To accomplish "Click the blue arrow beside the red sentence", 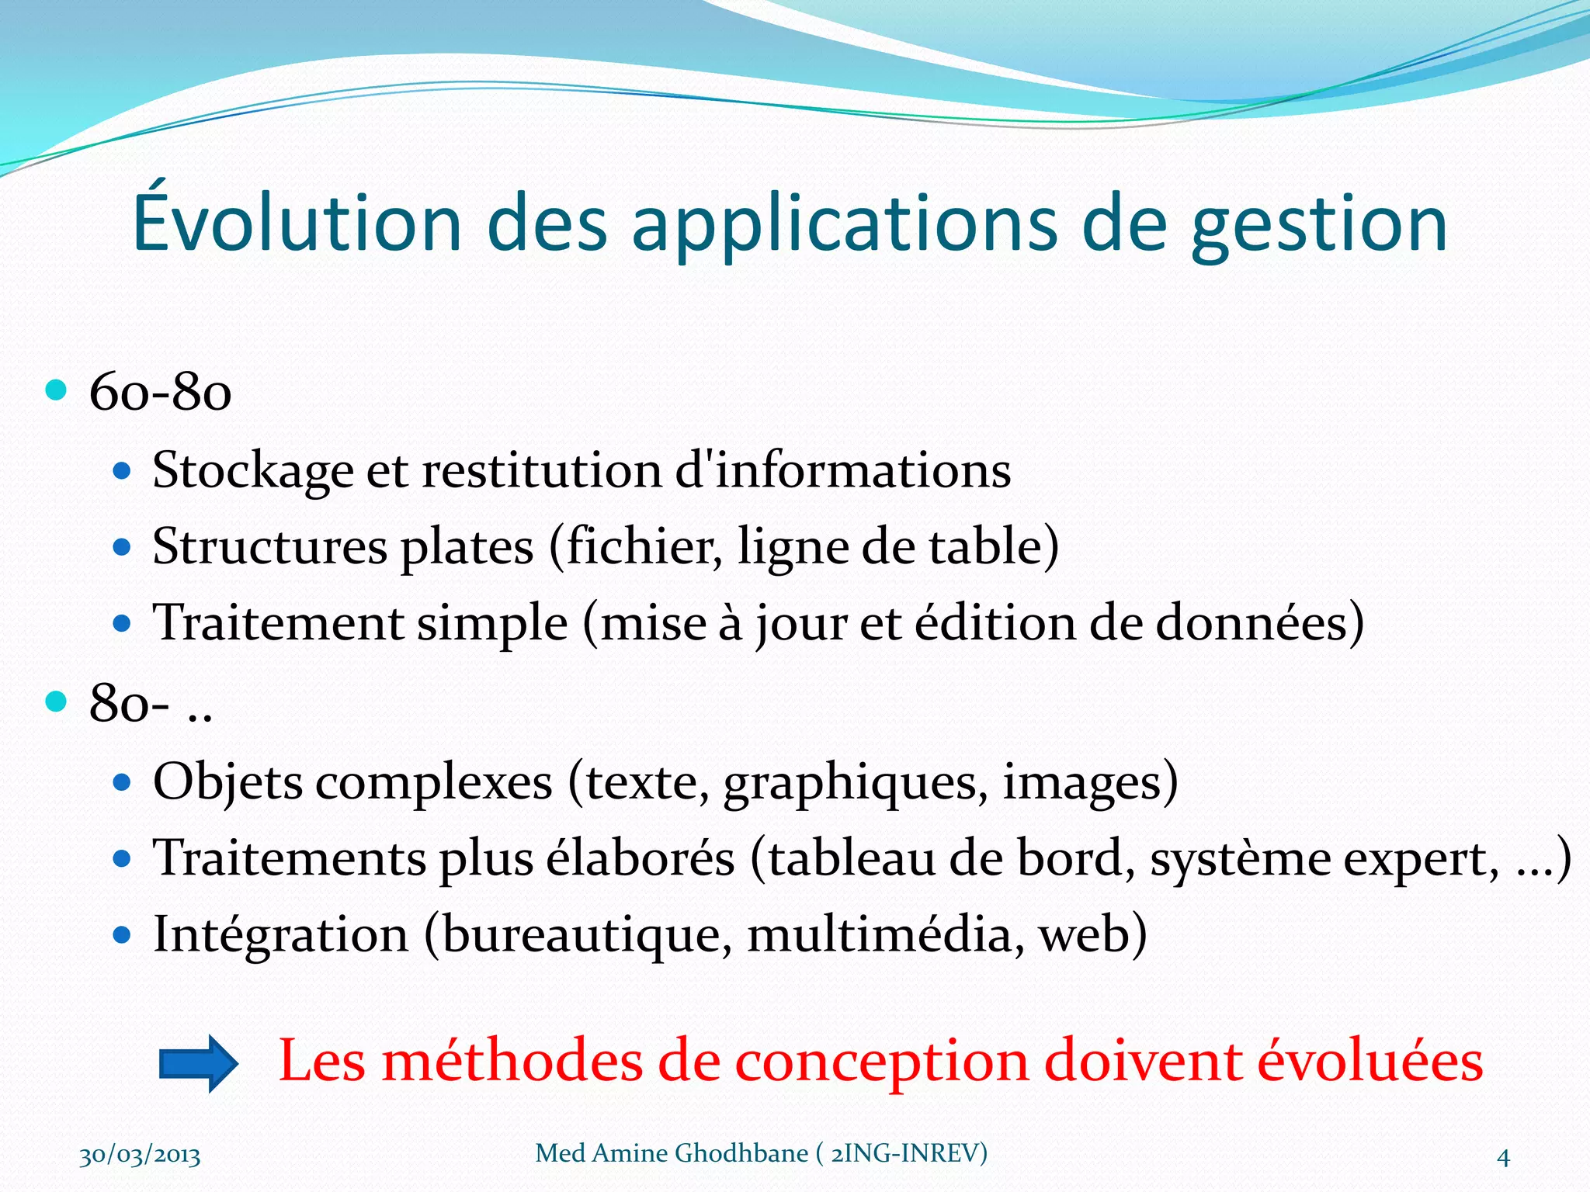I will (198, 1063).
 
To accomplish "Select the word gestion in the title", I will (1319, 225).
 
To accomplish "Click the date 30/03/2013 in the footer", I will (140, 1156).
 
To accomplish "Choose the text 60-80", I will (160, 392).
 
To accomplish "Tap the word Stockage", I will (252, 472).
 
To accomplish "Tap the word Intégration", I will (280, 935).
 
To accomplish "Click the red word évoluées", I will (1370, 1061).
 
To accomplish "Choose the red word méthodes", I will (512, 1061).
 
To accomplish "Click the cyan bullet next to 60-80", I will (56, 390).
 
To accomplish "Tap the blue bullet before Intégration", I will (122, 934).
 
